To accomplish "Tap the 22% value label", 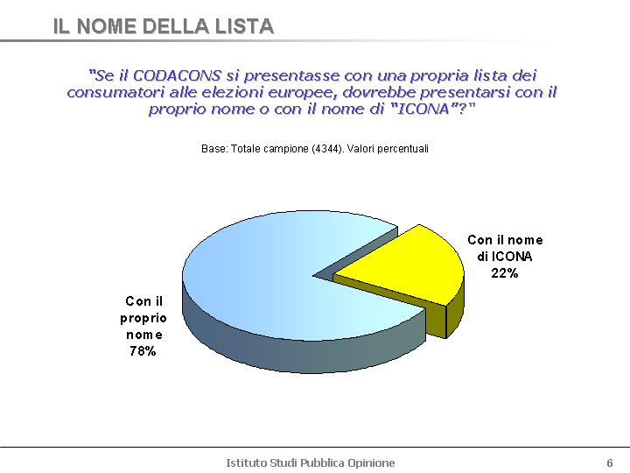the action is tap(505, 273).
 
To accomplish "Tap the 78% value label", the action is tap(143, 351).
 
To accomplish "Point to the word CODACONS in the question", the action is tap(177, 75).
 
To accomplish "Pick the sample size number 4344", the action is tap(327, 149).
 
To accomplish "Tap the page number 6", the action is tap(610, 462).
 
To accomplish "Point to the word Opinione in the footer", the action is tap(371, 463).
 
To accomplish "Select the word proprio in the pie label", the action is tap(143, 319).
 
